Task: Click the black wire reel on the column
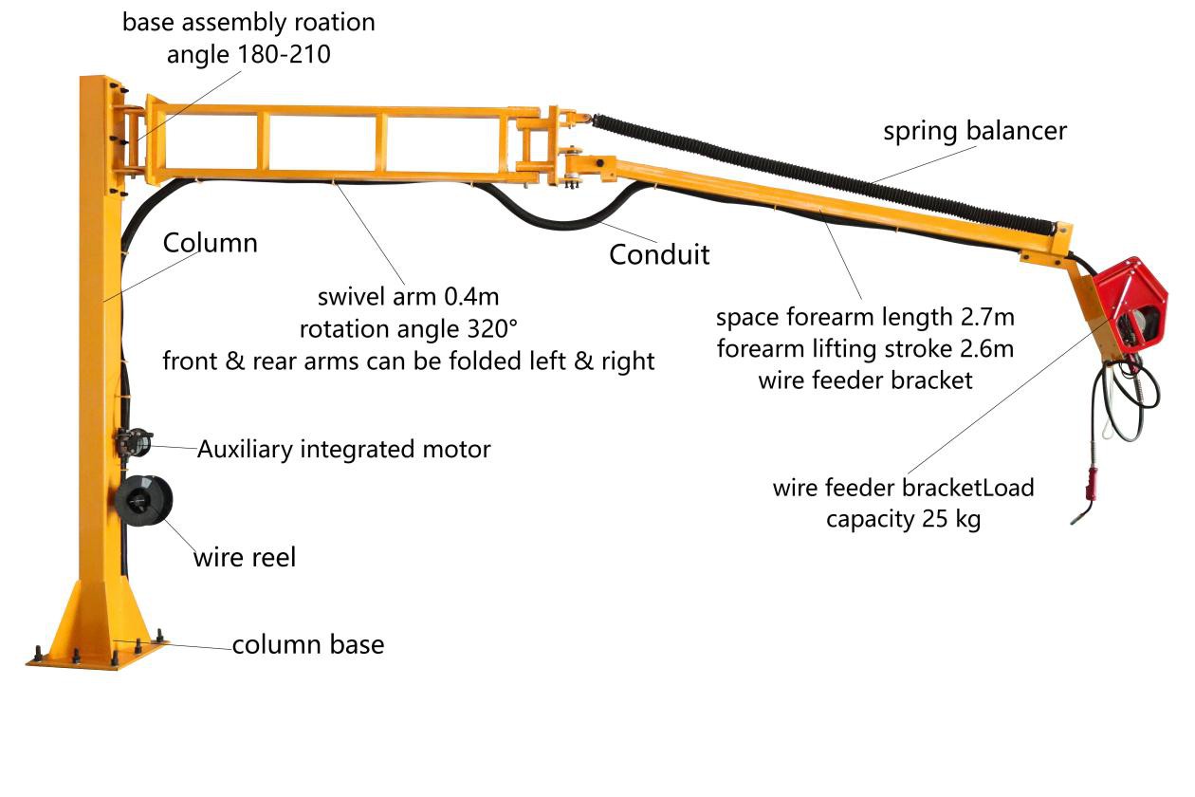144,500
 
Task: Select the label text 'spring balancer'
975,131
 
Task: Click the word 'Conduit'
659,254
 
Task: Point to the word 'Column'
210,243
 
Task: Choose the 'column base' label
308,645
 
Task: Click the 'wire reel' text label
245,557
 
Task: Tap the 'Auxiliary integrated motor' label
344,449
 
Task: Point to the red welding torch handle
1092,482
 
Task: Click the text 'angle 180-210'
248,55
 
